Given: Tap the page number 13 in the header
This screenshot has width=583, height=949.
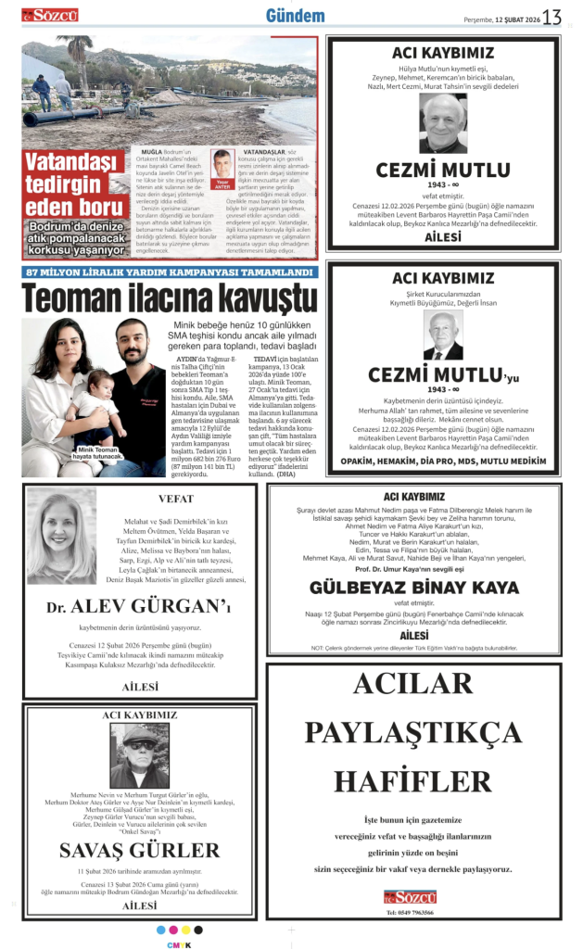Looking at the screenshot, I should pyautogui.click(x=552, y=18).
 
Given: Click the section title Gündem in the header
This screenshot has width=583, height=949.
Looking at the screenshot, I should pyautogui.click(x=295, y=16).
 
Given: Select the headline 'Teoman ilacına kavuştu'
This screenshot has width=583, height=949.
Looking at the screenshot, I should pyautogui.click(x=170, y=298).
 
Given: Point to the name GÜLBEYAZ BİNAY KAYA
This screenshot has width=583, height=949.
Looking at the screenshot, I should pyautogui.click(x=414, y=588).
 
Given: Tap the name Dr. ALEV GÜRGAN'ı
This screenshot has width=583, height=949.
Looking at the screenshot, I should pyautogui.click(x=138, y=608).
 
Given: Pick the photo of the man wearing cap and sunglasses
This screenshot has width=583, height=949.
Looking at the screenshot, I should pyautogui.click(x=140, y=756).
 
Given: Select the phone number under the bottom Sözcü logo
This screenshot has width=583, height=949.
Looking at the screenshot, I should pyautogui.click(x=410, y=912).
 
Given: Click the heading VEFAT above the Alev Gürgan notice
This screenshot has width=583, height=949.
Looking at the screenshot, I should pyautogui.click(x=176, y=499).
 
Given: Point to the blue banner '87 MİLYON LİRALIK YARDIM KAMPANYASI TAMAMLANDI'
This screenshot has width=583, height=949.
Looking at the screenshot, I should pyautogui.click(x=170, y=272).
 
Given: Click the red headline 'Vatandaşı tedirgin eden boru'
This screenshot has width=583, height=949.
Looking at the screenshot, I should pyautogui.click(x=73, y=185).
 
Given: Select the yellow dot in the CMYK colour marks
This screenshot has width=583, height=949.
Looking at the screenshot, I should pyautogui.click(x=185, y=930).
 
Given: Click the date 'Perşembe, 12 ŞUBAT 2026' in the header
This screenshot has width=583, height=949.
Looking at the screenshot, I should pyautogui.click(x=501, y=19).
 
